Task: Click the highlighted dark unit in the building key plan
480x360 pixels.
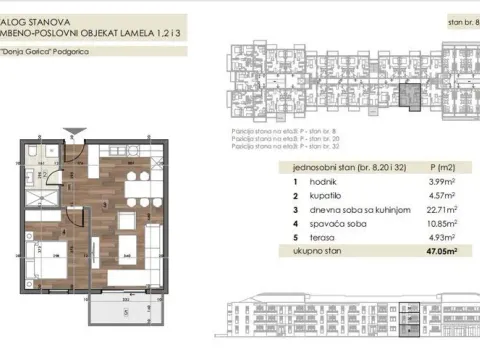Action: point(406,96)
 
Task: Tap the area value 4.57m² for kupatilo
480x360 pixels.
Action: point(441,195)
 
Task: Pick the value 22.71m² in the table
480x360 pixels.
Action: point(439,210)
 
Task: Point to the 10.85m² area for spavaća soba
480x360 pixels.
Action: point(439,225)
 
